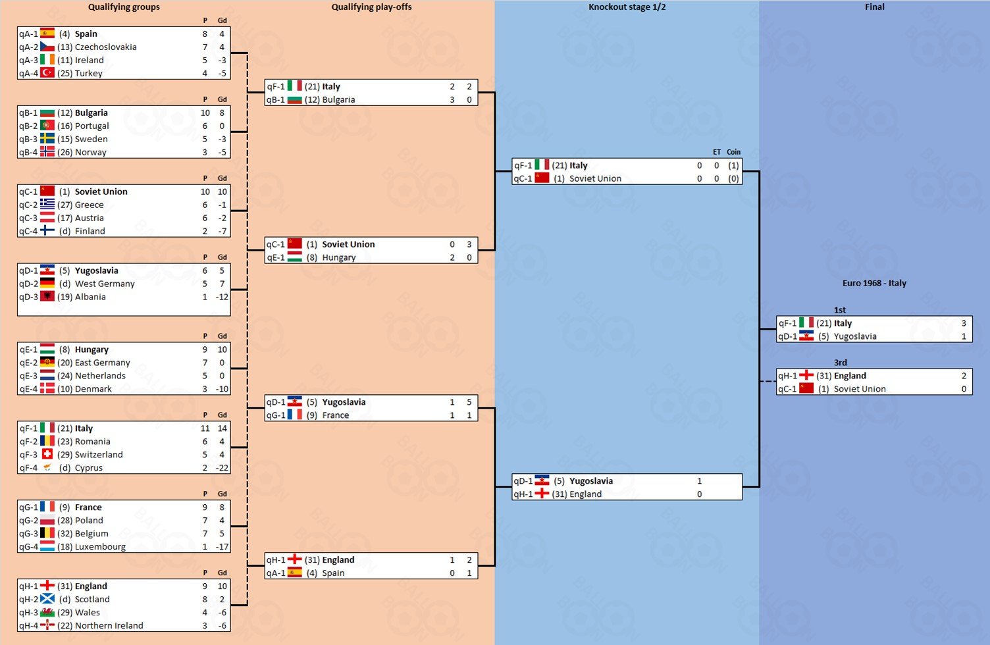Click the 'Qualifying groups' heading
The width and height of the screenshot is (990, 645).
click(124, 7)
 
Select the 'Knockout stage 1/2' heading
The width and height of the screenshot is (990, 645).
click(627, 7)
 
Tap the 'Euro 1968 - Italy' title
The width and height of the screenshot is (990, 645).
click(874, 283)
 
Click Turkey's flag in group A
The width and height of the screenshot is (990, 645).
click(47, 73)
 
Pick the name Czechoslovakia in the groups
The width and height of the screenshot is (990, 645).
click(105, 47)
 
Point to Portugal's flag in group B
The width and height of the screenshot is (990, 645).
click(47, 126)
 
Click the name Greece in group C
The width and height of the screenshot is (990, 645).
click(90, 205)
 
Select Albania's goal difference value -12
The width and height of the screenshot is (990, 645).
click(222, 297)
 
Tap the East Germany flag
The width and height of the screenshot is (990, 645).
click(47, 362)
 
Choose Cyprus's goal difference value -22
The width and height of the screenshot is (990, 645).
click(222, 468)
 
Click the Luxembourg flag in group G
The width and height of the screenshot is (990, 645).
click(47, 546)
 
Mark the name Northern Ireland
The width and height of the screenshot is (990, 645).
click(109, 625)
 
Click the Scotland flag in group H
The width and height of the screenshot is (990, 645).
click(47, 599)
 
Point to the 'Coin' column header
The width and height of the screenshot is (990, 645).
click(734, 152)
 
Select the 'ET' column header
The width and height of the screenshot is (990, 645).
click(716, 152)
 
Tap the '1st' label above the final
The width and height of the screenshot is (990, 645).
click(840, 310)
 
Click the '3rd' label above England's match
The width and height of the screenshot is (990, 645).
click(840, 363)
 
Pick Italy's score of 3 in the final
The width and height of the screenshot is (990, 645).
click(964, 323)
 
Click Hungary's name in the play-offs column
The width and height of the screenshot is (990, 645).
click(338, 257)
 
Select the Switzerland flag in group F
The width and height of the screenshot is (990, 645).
click(47, 454)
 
